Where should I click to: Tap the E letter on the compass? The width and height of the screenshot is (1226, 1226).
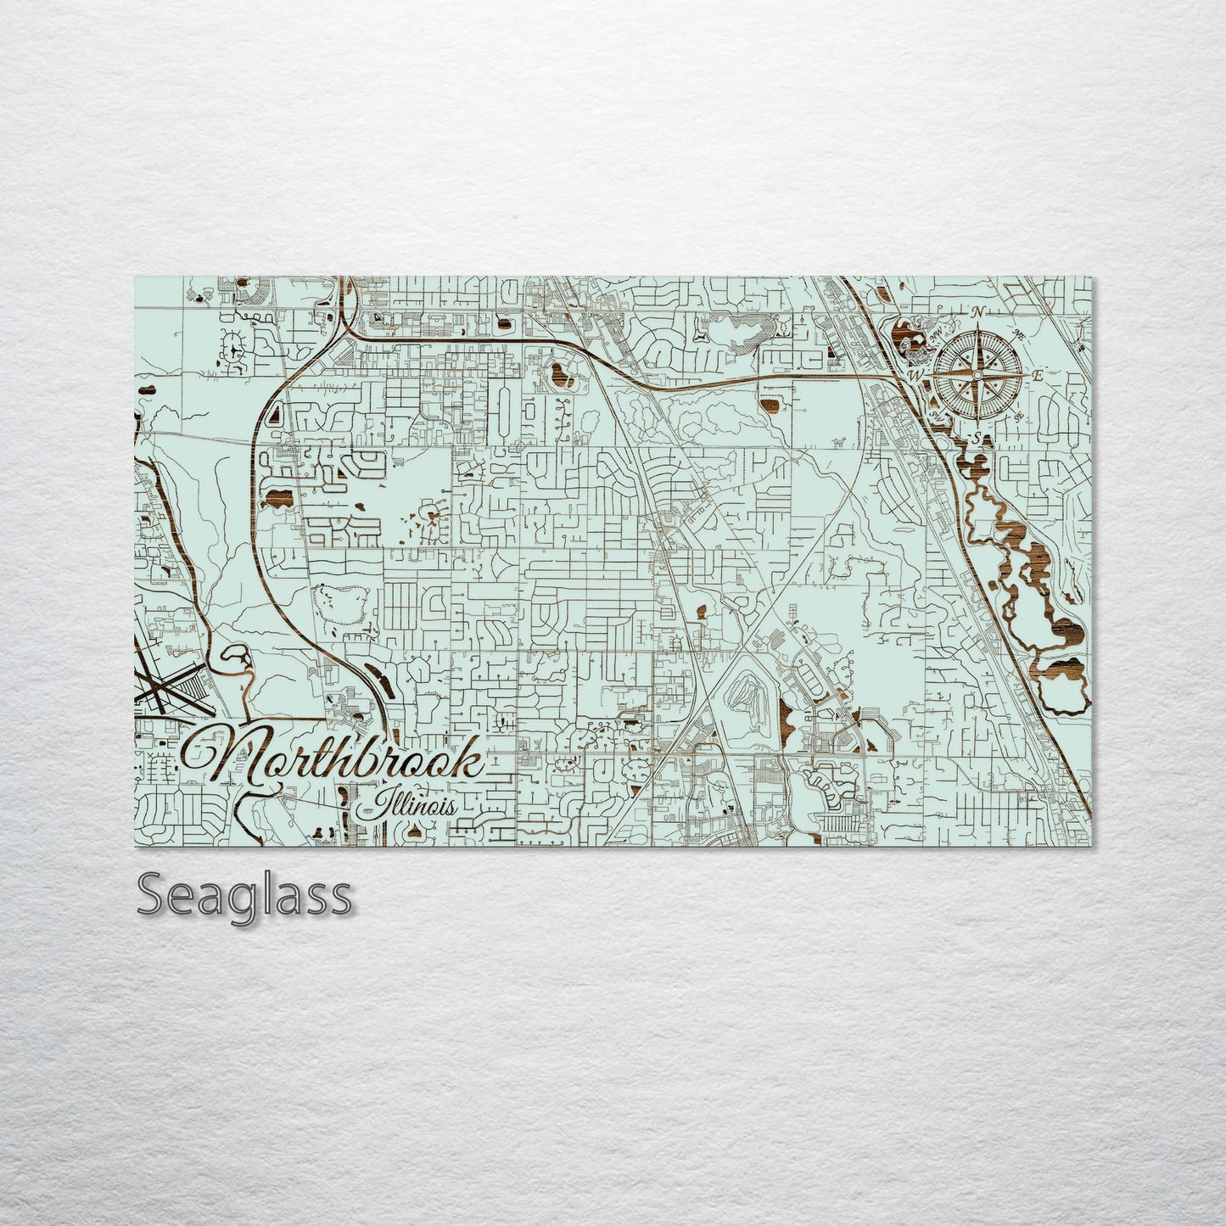click(x=1038, y=374)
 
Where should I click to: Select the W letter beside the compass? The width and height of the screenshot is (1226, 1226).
click(x=915, y=374)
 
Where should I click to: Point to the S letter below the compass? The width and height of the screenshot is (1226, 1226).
click(x=977, y=437)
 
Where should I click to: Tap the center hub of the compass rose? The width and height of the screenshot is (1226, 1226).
click(x=977, y=374)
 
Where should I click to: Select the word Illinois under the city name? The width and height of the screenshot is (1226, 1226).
click(x=406, y=803)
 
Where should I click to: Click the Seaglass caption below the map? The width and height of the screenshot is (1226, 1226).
click(x=244, y=894)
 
